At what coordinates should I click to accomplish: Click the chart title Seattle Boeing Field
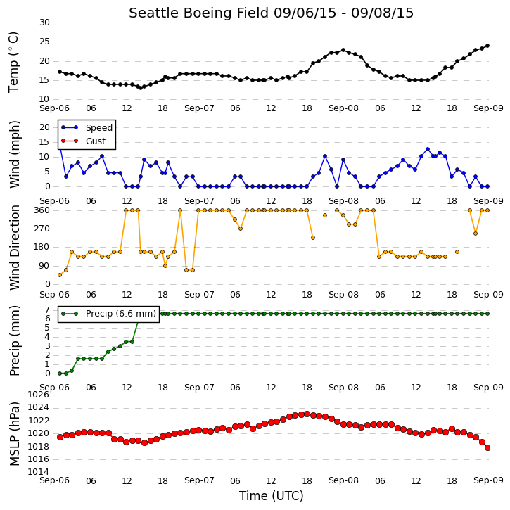pyautogui.click(x=199, y=13)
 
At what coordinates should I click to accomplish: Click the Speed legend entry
pyautogui.click(x=87, y=127)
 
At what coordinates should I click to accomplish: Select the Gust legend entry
pyautogui.click(x=84, y=141)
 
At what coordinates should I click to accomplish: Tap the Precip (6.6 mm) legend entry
pyautogui.click(x=108, y=314)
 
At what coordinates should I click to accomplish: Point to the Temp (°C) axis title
pyautogui.click(x=13, y=63)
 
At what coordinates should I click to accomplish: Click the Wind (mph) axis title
pyautogui.click(x=14, y=154)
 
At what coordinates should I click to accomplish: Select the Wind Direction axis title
pyautogui.click(x=14, y=248)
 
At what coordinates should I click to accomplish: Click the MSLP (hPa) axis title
pyautogui.click(x=14, y=434)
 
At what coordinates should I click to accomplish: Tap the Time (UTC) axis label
pyautogui.click(x=272, y=496)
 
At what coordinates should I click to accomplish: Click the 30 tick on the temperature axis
pyautogui.click(x=44, y=23)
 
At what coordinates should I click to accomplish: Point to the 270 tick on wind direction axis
pyautogui.click(x=42, y=229)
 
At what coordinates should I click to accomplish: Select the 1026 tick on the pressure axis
pyautogui.click(x=39, y=395)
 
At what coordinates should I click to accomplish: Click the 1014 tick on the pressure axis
pyautogui.click(x=39, y=472)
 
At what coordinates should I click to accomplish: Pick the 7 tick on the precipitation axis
pyautogui.click(x=48, y=310)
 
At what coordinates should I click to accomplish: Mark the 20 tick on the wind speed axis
pyautogui.click(x=44, y=127)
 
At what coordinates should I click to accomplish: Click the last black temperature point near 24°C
pyautogui.click(x=487, y=46)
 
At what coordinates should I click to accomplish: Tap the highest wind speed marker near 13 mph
pyautogui.click(x=428, y=149)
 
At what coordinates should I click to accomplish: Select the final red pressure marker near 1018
pyautogui.click(x=487, y=448)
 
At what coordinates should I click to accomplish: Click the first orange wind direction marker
pyautogui.click(x=60, y=275)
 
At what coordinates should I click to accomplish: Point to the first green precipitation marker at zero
pyautogui.click(x=60, y=374)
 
